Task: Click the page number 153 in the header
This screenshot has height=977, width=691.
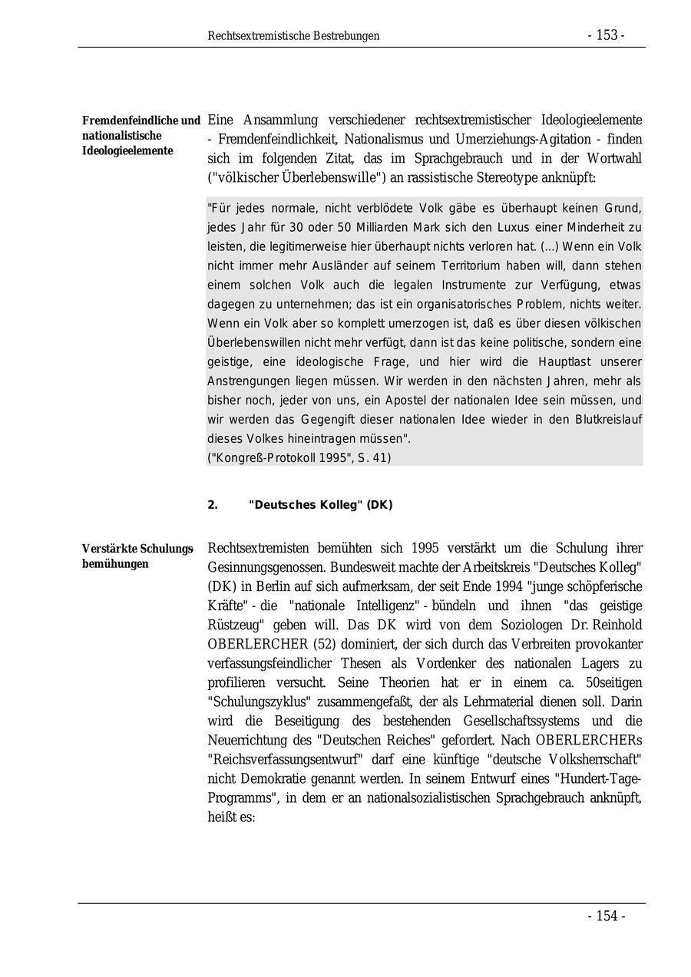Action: pyautogui.click(x=606, y=35)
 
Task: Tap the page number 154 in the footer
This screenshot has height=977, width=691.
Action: pyautogui.click(x=607, y=916)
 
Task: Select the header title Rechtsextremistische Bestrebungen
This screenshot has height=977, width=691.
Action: pyautogui.click(x=293, y=36)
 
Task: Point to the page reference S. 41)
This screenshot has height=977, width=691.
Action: pyautogui.click(x=373, y=458)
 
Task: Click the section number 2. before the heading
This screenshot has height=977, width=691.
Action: pyautogui.click(x=213, y=505)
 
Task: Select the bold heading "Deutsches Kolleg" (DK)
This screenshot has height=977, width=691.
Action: pyautogui.click(x=320, y=505)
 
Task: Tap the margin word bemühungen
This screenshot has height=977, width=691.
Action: pyautogui.click(x=115, y=564)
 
